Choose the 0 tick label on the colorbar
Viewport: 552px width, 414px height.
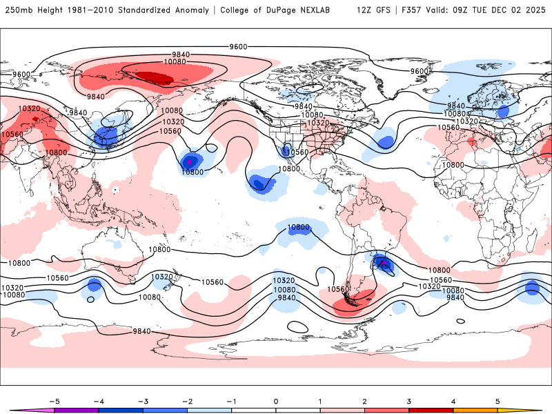275,401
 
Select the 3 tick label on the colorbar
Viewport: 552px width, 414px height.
408,401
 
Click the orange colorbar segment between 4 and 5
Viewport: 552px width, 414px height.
475,411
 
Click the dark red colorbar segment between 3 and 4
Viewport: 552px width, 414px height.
431,411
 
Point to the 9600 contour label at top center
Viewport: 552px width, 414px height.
238,46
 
